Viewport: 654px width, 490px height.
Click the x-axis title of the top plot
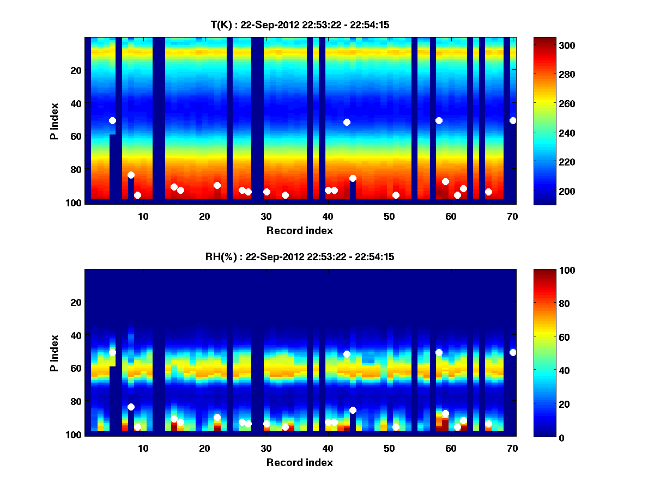tap(299, 230)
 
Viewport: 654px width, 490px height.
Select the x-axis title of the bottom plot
tap(299, 462)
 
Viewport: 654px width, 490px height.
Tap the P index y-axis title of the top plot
tap(55, 120)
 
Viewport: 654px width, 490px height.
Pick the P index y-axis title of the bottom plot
tap(55, 352)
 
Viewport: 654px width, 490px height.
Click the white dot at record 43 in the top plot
tap(347, 122)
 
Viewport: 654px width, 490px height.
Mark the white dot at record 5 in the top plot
tap(112, 120)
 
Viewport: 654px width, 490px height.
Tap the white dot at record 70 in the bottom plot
tap(513, 352)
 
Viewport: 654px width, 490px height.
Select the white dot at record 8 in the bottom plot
tap(131, 407)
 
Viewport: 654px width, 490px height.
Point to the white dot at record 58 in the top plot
tap(439, 120)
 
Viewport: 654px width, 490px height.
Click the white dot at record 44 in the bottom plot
tap(353, 410)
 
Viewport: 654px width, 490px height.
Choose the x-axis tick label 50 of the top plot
tap(389, 216)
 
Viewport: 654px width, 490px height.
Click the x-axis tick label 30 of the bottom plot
tap(266, 448)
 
